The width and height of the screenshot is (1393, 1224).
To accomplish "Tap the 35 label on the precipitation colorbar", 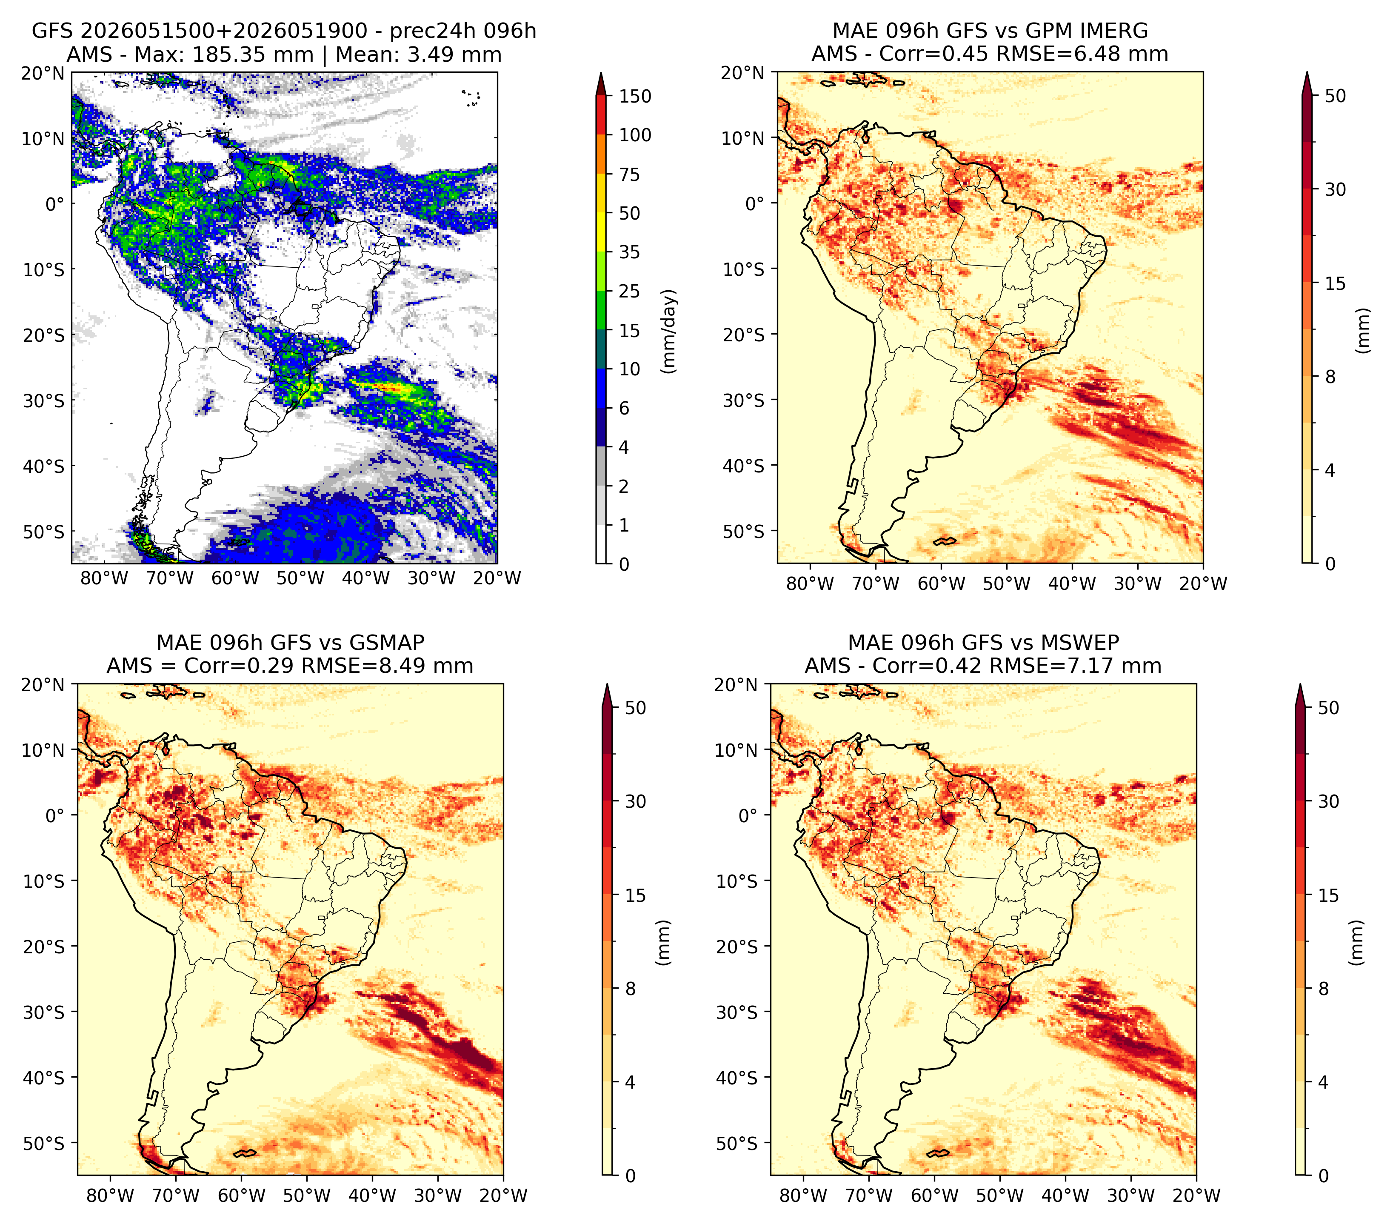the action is click(629, 252).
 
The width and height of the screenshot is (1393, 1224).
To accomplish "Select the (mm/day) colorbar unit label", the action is click(670, 331).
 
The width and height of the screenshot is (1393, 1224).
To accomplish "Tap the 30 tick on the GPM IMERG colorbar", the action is click(1336, 189).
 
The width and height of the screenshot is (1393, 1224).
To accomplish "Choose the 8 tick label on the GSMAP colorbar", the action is click(631, 989).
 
